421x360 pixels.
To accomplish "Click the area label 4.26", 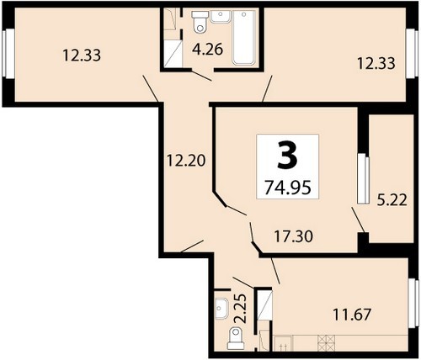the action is pos(207,50).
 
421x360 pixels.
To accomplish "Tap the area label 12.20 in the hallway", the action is pos(186,161).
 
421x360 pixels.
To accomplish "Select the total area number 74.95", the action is pos(288,187).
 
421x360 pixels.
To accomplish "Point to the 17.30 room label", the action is pos(293,236).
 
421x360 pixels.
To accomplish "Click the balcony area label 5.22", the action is pos(392,200).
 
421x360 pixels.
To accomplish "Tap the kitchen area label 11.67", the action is pos(352,315).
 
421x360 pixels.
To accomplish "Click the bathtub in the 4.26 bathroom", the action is pos(243,37).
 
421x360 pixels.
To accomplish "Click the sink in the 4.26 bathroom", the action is pos(221,17).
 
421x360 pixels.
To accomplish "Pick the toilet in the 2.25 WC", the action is pos(236,338).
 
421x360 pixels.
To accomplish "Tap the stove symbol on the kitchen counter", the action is pos(327,343).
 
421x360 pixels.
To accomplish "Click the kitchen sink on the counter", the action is pos(283,343).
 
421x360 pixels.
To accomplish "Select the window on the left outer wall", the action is pos(8,54).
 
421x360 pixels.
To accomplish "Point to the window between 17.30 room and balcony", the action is pos(363,178).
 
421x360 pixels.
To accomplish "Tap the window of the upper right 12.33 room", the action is pos(412,54).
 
